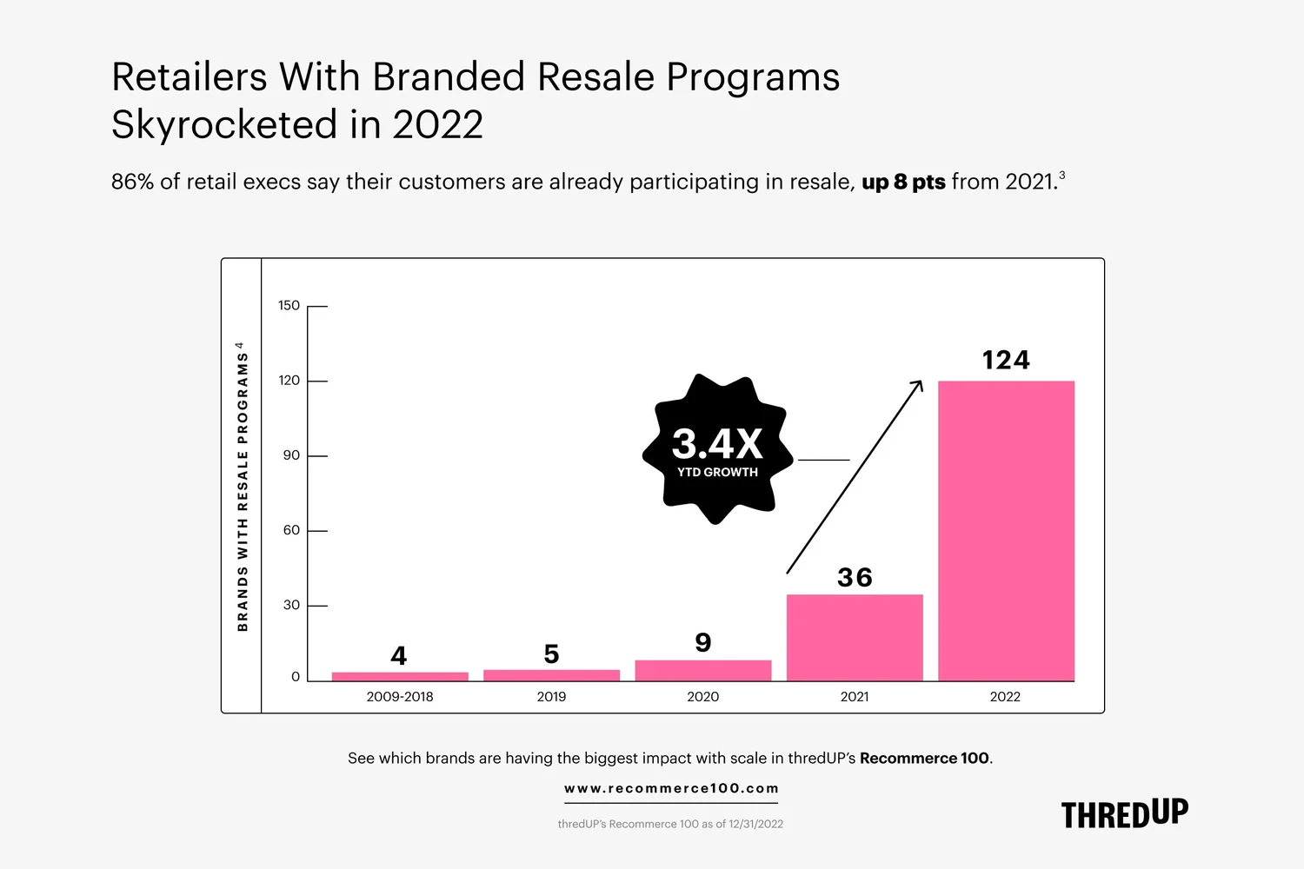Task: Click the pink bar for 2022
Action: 1006,530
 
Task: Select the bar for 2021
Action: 855,637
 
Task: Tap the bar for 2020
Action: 703,670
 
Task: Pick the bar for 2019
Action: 551,675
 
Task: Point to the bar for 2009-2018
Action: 400,676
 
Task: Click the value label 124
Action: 1006,360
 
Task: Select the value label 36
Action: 855,577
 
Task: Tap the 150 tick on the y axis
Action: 289,306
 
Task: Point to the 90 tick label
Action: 291,455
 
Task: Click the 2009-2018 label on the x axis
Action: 400,697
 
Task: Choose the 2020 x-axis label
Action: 703,697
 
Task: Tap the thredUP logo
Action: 1124,814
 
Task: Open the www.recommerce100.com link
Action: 671,789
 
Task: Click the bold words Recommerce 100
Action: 924,758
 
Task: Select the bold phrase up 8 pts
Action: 903,182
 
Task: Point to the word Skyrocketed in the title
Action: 224,124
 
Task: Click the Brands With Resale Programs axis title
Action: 243,487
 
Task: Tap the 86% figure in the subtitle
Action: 132,182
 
